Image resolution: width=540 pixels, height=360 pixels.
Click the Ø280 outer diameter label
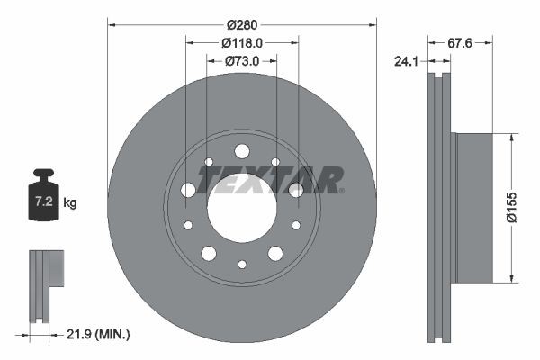click(x=242, y=24)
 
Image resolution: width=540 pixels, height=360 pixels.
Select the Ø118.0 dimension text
click(x=242, y=41)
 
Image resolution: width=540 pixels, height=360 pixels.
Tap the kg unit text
click(x=70, y=203)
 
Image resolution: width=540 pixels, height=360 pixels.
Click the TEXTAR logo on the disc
click(x=270, y=180)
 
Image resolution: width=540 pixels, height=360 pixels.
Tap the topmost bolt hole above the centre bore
click(x=241, y=150)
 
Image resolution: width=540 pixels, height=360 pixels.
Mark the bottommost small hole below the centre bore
click(x=241, y=264)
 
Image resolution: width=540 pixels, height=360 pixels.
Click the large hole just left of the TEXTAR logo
click(x=188, y=190)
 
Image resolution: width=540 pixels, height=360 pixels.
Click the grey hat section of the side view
click(x=473, y=207)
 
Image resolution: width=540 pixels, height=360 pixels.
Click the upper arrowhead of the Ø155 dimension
click(x=511, y=138)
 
